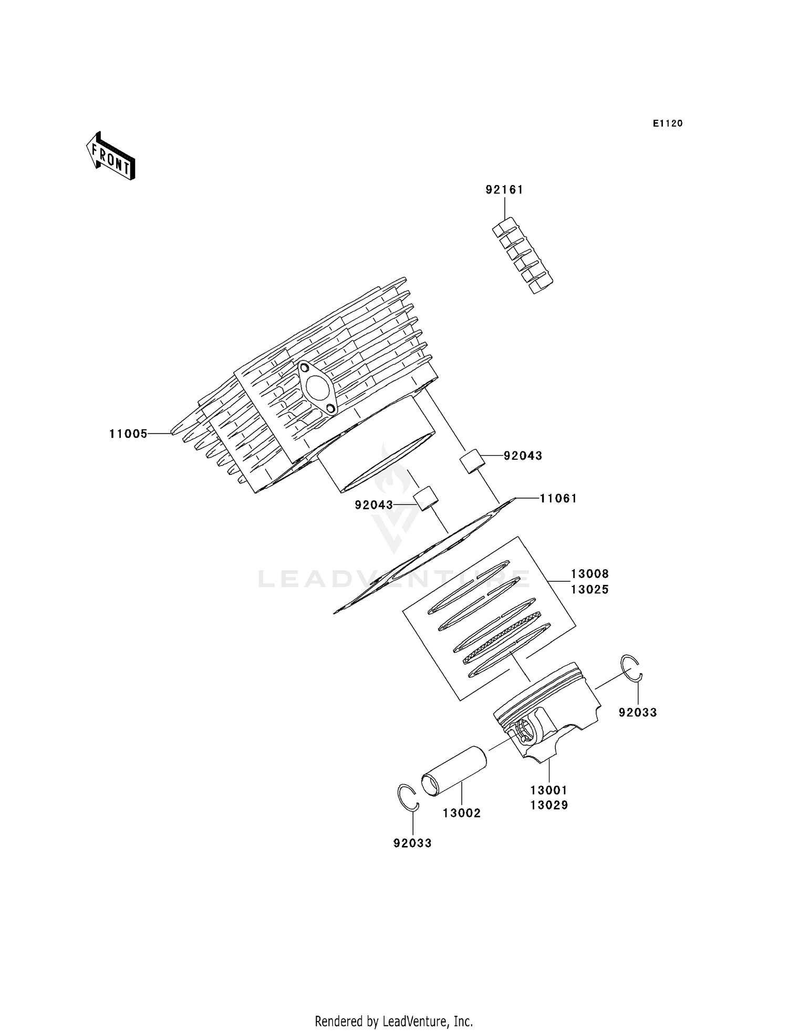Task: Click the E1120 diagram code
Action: click(668, 123)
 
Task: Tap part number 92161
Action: click(504, 190)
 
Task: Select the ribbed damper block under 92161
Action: click(523, 256)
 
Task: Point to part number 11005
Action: click(128, 434)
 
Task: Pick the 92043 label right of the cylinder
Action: click(523, 456)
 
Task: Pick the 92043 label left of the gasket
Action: click(374, 505)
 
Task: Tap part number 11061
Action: click(558, 498)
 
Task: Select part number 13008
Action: click(589, 574)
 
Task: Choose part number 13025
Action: click(589, 590)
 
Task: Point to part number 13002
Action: click(461, 813)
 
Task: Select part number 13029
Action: click(549, 805)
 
